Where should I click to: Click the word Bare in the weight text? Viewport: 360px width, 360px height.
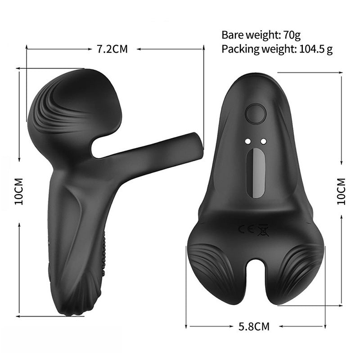[231, 35]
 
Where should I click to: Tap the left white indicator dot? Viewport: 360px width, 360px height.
[247, 141]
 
